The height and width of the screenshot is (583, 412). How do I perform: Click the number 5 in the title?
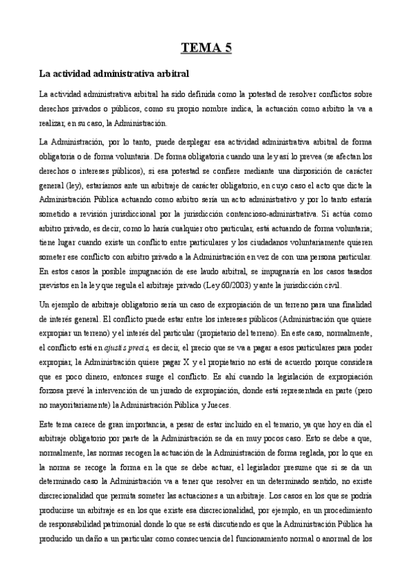pyautogui.click(x=227, y=47)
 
